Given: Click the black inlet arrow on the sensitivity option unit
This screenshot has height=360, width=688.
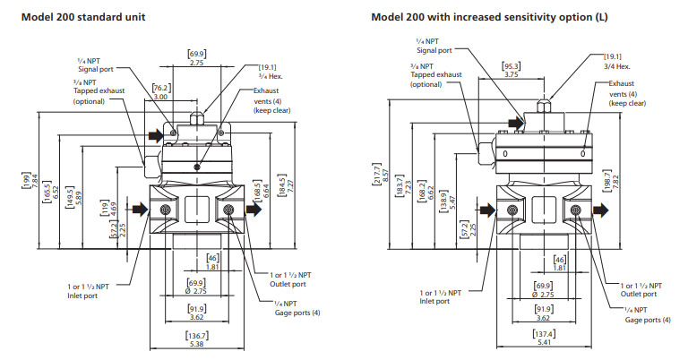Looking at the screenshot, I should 486,210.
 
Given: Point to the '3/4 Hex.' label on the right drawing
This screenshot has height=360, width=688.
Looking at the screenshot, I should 618,64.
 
